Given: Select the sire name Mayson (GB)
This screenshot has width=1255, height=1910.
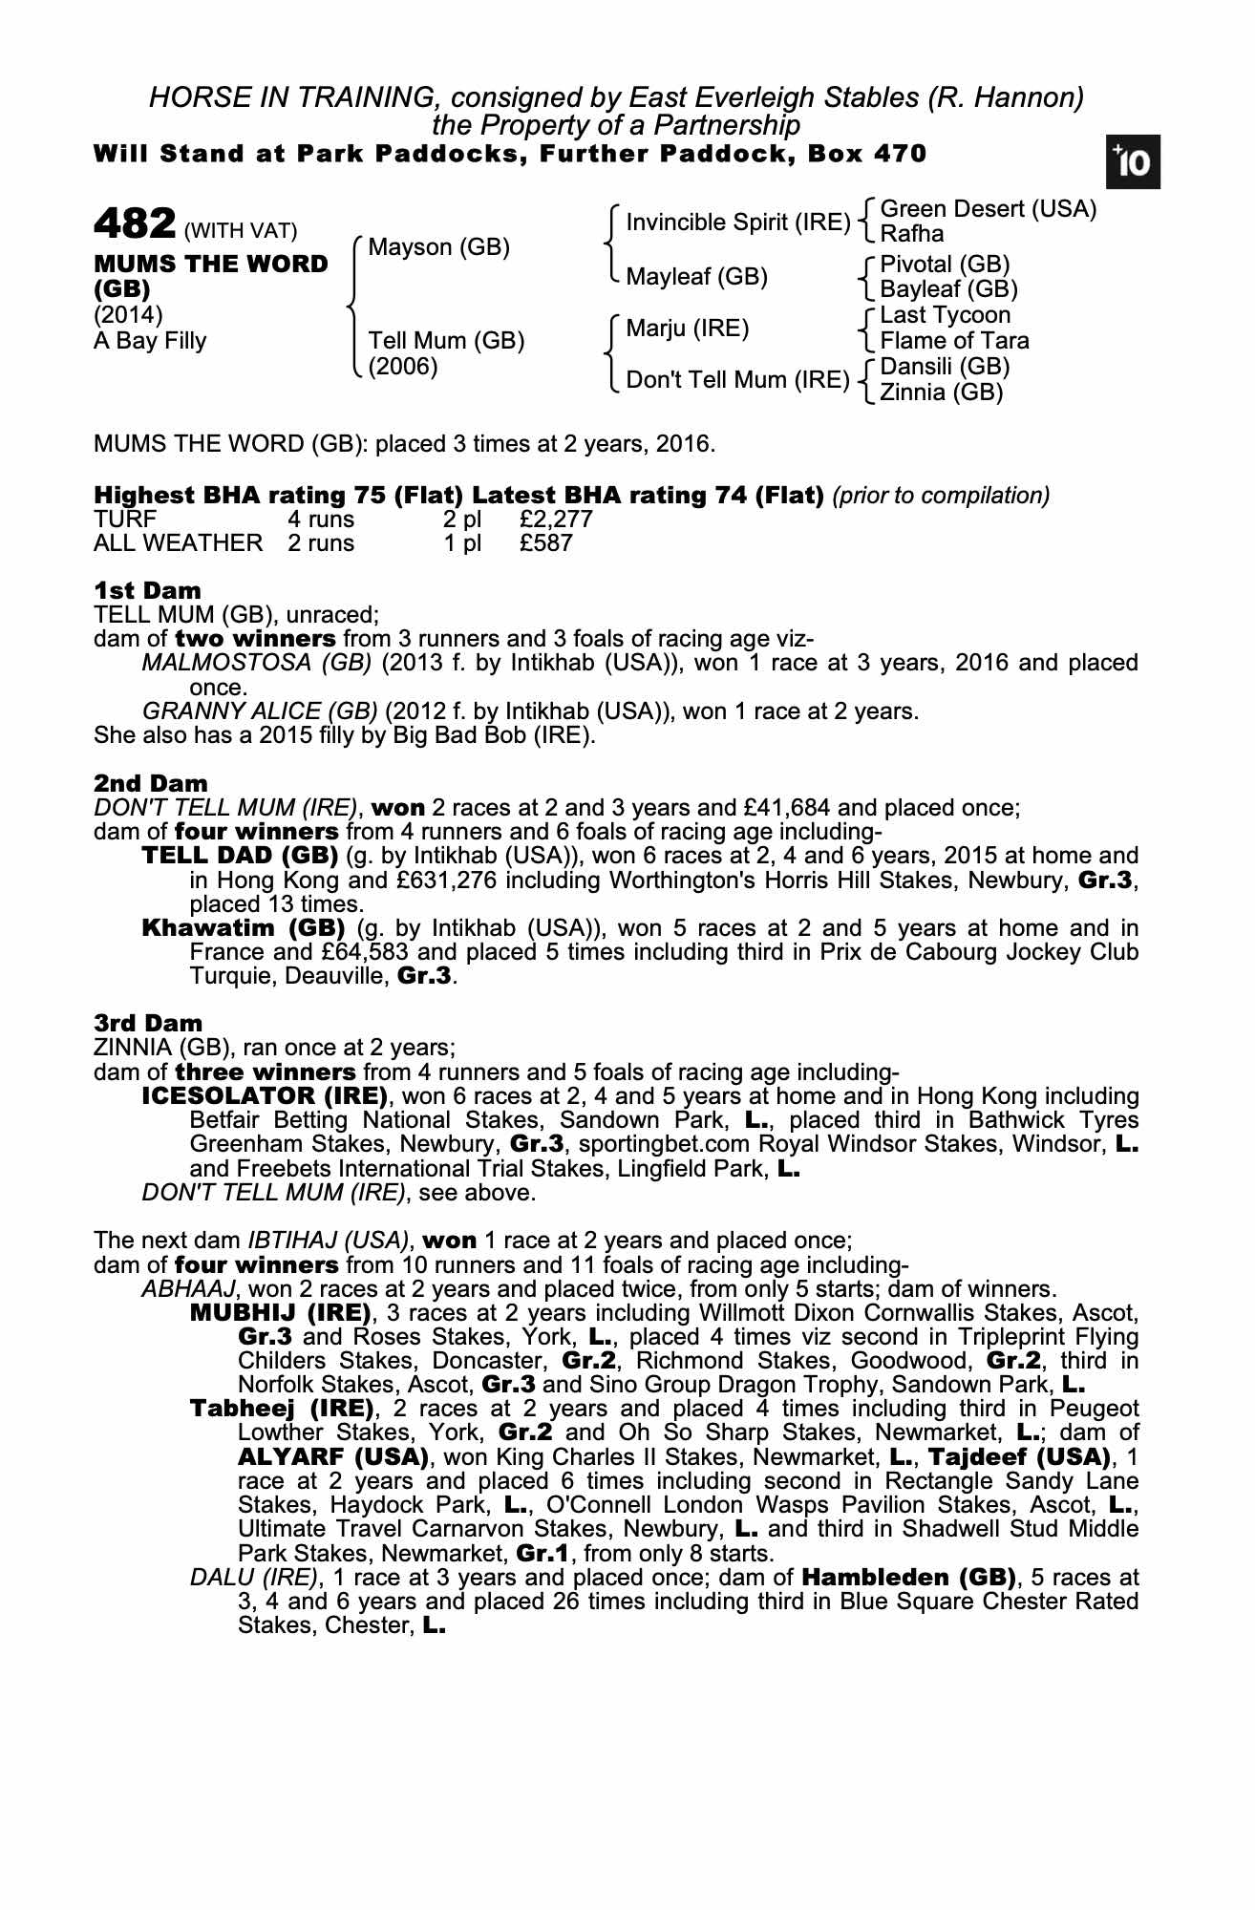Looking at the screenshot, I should pos(438,247).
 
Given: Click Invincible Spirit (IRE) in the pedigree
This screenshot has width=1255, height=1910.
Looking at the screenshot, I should pos(737,223).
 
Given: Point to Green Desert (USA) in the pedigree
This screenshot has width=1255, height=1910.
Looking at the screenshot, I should pos(988,209).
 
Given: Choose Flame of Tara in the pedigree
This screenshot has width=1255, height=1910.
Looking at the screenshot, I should pos(954,341).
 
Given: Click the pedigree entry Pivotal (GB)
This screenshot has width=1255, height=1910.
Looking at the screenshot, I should pos(945,265).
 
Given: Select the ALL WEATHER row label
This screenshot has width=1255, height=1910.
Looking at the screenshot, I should pos(178,543).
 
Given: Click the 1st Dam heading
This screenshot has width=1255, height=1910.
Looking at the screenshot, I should pos(147,590).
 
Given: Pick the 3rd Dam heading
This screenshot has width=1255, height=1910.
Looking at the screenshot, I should pos(148,1024).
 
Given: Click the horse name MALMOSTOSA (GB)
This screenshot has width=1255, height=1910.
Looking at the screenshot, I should pos(256,663).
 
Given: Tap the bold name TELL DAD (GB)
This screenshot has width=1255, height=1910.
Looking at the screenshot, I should pos(240,856).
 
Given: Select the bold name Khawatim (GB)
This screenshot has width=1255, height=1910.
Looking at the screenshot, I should pos(244,928).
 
